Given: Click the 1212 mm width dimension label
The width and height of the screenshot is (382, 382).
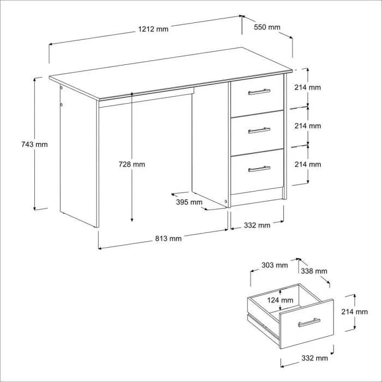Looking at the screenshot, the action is [153, 29].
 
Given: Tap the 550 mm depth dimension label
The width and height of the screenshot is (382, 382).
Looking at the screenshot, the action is [267, 27].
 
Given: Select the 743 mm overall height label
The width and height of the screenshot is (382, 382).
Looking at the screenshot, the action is [34, 145].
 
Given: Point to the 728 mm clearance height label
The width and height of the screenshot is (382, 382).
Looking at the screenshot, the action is [132, 164].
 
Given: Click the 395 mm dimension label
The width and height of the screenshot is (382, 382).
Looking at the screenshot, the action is [189, 202].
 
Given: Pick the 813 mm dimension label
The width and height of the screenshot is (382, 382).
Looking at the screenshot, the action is [168, 238].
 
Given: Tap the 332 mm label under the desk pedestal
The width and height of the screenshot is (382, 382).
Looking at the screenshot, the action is [257, 225].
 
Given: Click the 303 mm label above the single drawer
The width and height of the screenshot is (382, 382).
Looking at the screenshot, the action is [274, 265].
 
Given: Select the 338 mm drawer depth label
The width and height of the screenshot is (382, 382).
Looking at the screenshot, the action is [314, 271].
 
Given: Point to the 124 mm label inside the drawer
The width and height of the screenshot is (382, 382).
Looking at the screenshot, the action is [280, 300].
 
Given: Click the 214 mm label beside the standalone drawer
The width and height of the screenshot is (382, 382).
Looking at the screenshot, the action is [355, 312].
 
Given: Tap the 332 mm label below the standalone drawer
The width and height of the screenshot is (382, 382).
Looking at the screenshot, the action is [314, 359].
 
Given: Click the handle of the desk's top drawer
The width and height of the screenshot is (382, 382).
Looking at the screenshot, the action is [259, 92].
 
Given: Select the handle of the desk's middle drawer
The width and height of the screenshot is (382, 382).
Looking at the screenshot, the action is [259, 130].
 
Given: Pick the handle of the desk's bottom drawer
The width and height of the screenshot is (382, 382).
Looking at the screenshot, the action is [259, 169].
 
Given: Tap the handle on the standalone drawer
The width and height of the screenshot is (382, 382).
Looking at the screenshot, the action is [309, 323].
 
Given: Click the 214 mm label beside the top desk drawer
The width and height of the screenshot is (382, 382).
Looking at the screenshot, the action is [307, 87].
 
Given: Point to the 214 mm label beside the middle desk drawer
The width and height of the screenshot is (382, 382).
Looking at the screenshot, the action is [308, 126].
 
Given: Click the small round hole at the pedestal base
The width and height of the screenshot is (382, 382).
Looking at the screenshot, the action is [226, 202].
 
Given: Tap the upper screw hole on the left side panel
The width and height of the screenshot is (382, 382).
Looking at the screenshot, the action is [61, 87].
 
